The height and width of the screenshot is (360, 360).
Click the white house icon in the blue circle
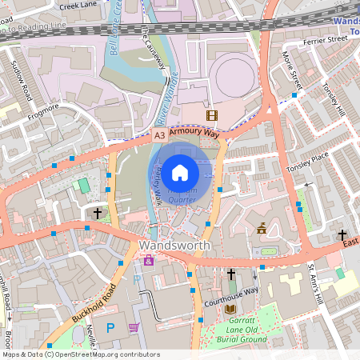tap(180, 172)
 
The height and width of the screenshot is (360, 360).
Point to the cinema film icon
tap(212, 116)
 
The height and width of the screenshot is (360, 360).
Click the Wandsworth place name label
tap(174, 245)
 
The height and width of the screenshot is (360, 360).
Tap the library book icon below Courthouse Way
tap(230, 309)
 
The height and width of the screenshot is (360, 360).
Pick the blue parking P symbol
tap(111, 327)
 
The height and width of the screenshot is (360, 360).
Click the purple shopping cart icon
tap(134, 326)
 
